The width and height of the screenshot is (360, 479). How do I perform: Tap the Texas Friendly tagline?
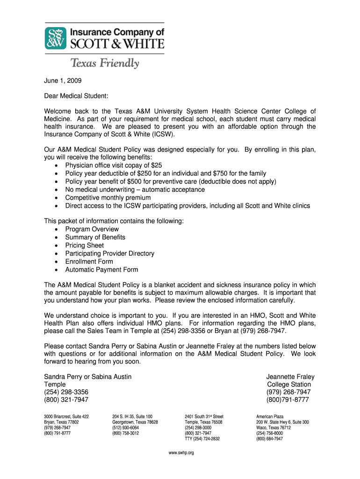click(104, 63)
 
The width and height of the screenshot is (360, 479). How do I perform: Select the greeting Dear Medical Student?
click(76, 96)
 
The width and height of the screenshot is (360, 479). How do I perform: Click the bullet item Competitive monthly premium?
click(108, 197)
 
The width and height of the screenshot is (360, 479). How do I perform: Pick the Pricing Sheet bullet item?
click(85, 245)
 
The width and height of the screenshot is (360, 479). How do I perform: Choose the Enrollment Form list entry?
click(89, 261)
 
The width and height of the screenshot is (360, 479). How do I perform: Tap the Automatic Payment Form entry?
click(101, 269)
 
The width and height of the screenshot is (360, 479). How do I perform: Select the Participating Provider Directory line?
click(109, 253)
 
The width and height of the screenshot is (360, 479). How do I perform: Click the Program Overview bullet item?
click(92, 229)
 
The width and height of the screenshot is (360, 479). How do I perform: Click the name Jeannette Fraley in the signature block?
click(290, 377)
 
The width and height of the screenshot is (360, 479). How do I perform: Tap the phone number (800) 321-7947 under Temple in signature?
click(66, 399)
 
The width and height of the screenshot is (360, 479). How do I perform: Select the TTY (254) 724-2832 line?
click(202, 439)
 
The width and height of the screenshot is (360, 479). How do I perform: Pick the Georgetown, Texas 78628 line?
click(135, 422)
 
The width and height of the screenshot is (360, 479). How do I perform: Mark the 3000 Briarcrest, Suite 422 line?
click(66, 416)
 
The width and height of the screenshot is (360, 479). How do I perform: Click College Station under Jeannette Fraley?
click(289, 385)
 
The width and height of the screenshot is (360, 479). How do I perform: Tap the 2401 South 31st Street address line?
click(204, 416)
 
